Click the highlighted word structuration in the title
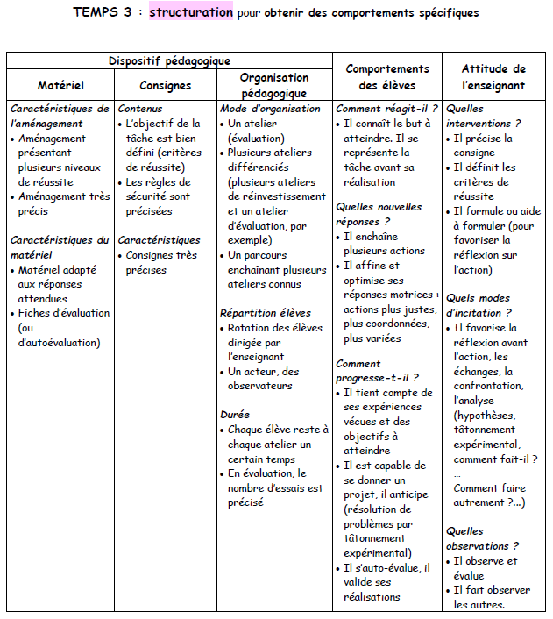pos(191,13)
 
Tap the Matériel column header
pos(60,85)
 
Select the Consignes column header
pos(166,85)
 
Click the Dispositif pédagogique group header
pos(169,60)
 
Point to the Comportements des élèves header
pos(387,76)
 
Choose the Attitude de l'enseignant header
pos(493,76)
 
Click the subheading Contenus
pos(140,109)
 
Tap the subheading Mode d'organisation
pos(270,109)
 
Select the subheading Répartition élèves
pos(265,312)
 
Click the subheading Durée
pos(235,414)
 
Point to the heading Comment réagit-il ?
pos(386,109)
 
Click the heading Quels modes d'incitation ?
pos(479,305)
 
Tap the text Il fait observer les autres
pos(487,596)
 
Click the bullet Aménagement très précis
pos(64,203)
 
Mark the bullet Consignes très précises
pos(161,262)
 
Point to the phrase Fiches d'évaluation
pos(64,312)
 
